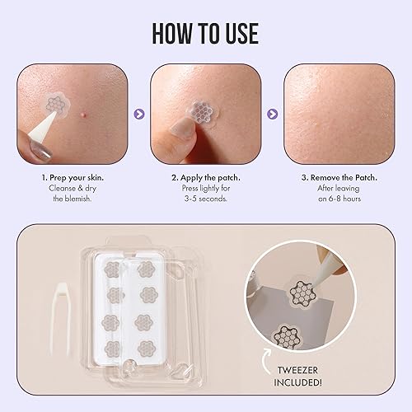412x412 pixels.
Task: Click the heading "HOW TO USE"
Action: [205, 33]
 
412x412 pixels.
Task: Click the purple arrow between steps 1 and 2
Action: [138, 115]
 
